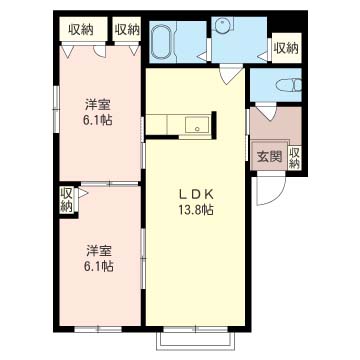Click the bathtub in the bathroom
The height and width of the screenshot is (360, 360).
pyautogui.click(x=162, y=42)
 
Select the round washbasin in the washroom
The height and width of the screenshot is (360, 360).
pyautogui.click(x=221, y=25)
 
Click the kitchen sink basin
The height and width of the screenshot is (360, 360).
pyautogui.click(x=197, y=125)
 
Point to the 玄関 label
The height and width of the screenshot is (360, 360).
pyautogui.click(x=269, y=156)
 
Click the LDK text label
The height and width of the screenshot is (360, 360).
pyautogui.click(x=195, y=195)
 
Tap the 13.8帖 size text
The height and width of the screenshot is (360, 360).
pyautogui.click(x=195, y=210)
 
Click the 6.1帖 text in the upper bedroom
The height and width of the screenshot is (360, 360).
pyautogui.click(x=98, y=120)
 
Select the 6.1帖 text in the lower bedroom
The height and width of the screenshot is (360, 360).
pyautogui.click(x=98, y=266)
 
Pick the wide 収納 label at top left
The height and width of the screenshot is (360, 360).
pyautogui.click(x=81, y=30)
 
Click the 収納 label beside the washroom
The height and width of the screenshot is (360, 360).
pyautogui.click(x=286, y=49)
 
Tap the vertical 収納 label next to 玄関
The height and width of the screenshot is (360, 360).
pyautogui.click(x=295, y=158)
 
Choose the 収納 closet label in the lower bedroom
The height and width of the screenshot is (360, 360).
pyautogui.click(x=66, y=201)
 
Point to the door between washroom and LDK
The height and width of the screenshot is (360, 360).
pyautogui.click(x=231, y=75)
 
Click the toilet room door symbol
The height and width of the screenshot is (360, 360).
pyautogui.click(x=266, y=111)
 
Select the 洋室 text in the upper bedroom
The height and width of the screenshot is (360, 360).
pyautogui.click(x=98, y=105)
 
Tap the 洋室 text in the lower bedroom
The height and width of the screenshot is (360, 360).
pyautogui.click(x=98, y=251)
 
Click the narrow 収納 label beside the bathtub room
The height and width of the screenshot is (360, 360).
pyautogui.click(x=127, y=30)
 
